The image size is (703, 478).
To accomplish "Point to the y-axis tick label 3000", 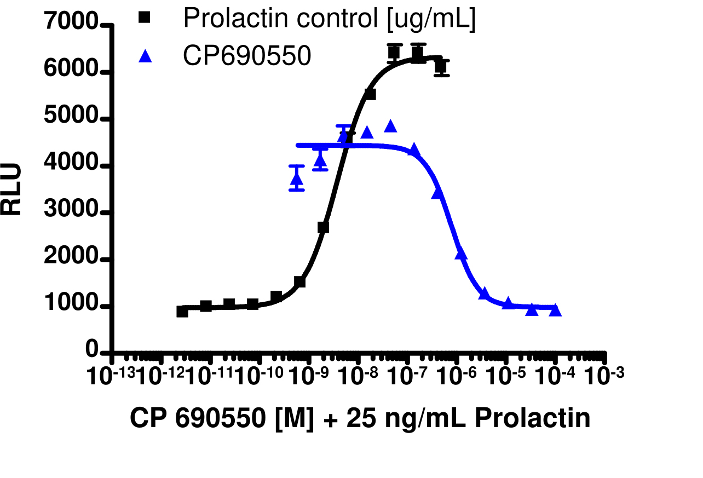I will [x=71, y=213].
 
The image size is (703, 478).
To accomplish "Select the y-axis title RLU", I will [x=12, y=189].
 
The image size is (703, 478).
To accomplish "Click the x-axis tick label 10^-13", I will [x=113, y=377].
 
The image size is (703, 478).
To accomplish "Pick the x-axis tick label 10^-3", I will [x=605, y=377].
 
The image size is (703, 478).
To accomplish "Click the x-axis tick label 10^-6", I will [x=457, y=377].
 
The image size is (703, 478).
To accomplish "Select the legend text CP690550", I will [x=247, y=56].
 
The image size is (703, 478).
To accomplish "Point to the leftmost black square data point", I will [x=182, y=312].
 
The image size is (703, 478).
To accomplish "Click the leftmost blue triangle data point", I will [x=297, y=178].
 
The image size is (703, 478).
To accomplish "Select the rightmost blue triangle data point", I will [x=555, y=310].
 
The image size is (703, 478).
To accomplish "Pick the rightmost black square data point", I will [x=441, y=67].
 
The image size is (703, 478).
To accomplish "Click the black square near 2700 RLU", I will [x=323, y=227].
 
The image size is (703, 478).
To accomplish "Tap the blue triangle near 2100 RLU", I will [x=461, y=253].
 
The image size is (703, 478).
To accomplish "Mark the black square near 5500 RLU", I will [x=370, y=94].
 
